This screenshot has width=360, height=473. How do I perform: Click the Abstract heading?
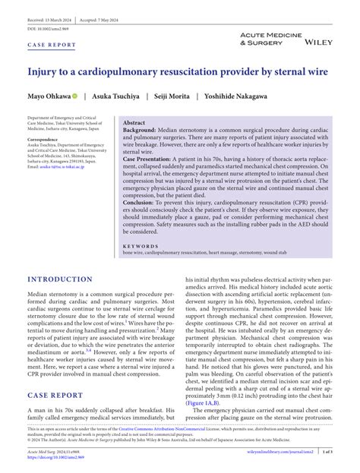click(134, 122)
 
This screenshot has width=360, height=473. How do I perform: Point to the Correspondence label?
click(47, 140)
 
